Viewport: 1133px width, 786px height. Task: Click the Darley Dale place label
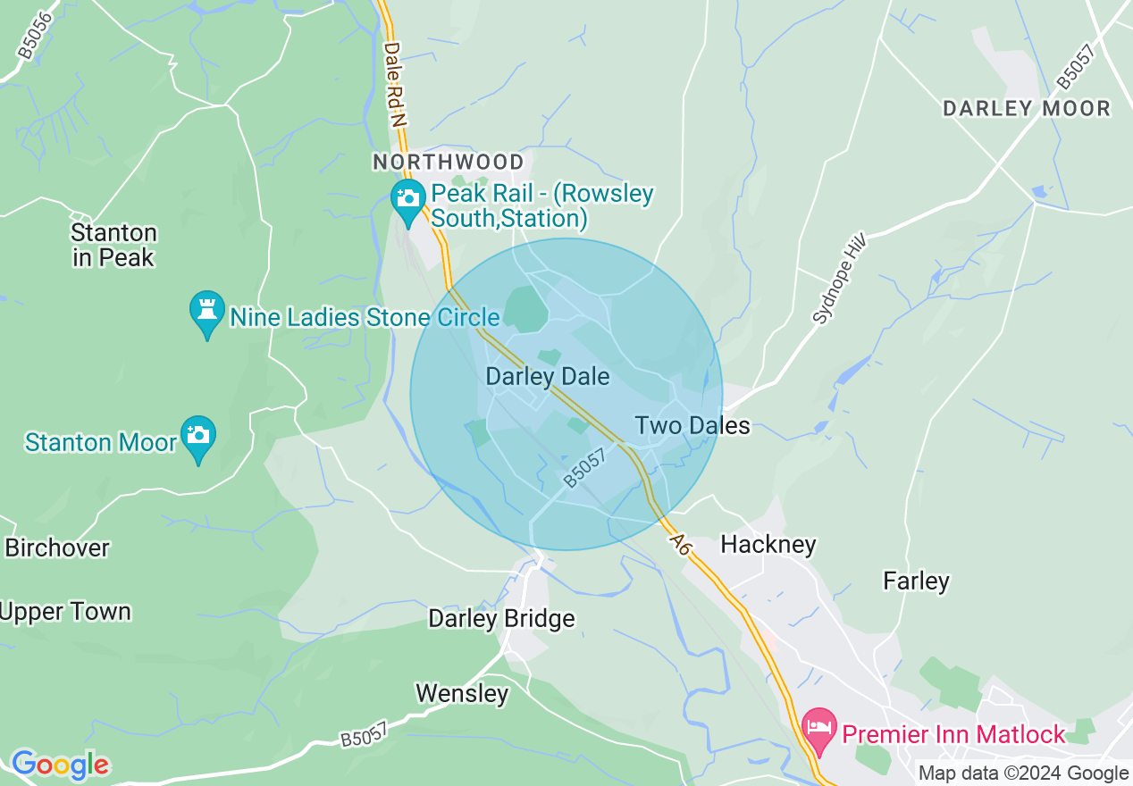coord(547,376)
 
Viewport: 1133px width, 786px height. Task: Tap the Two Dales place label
coord(692,425)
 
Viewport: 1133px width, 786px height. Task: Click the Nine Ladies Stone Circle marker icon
coord(206,314)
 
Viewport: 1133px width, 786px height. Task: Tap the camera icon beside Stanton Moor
coord(197,438)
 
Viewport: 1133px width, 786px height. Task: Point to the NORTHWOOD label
coord(449,162)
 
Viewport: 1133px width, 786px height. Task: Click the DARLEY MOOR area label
coord(1027,109)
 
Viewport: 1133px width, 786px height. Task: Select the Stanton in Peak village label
coord(113,246)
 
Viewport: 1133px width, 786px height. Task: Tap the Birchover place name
coord(57,548)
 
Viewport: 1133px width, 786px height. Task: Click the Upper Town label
coord(65,612)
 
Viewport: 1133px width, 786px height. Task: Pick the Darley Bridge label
coord(501,618)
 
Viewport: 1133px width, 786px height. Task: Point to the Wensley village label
coord(462,693)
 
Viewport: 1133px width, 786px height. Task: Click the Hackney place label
coord(768,544)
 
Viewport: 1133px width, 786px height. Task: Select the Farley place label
coord(916,581)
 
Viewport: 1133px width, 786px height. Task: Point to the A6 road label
coord(679,543)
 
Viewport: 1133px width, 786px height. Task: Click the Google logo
coord(60,765)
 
